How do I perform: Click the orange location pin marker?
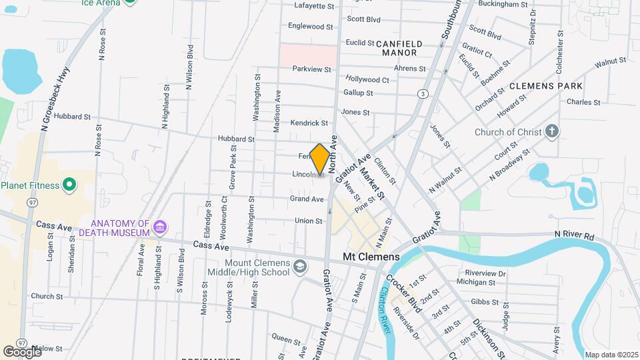[x=319, y=159]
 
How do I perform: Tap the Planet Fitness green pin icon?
[x=69, y=185]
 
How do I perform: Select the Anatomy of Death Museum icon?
[x=159, y=228]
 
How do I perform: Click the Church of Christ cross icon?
[x=551, y=131]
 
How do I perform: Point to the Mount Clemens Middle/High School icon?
[x=300, y=267]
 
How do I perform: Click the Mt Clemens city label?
[x=371, y=257]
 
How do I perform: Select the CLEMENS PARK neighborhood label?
[x=546, y=86]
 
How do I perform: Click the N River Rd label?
[x=574, y=236]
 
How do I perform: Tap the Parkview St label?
[x=311, y=69]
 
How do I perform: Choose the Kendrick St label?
[x=309, y=123]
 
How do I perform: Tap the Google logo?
[x=22, y=351]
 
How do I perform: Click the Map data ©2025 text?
[x=610, y=355]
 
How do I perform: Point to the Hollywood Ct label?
[x=367, y=79]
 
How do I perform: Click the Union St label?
[x=309, y=221]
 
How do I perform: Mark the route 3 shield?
[x=423, y=94]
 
